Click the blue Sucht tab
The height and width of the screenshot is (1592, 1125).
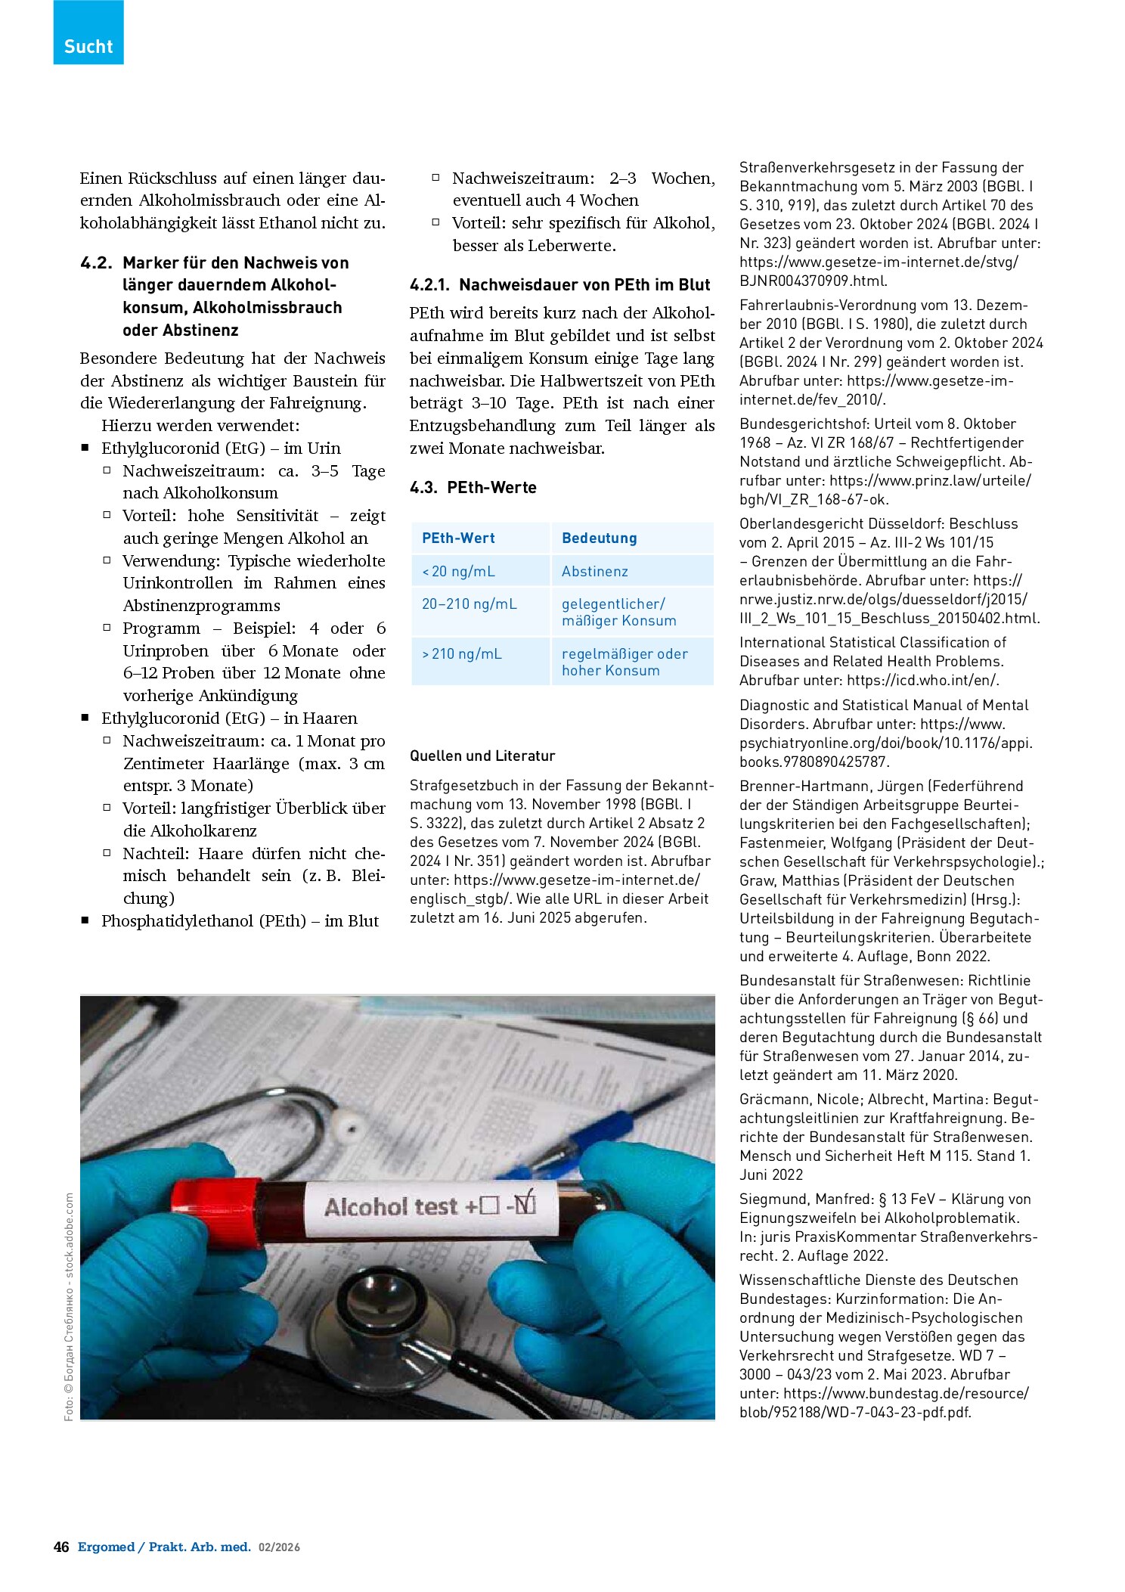[88, 32]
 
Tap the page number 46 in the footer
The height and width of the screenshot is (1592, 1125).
[61, 1547]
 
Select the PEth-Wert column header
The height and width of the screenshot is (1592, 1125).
[458, 538]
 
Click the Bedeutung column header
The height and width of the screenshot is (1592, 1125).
[599, 538]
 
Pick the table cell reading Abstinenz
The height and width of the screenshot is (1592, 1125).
[594, 571]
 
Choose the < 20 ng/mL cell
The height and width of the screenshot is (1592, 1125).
[458, 571]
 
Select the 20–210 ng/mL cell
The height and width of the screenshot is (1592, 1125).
[470, 604]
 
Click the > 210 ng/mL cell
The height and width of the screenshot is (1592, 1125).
[461, 653]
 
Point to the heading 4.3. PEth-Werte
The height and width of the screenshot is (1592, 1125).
[473, 487]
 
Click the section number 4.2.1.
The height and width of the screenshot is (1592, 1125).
[429, 285]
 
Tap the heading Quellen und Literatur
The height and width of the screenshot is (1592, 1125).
[482, 756]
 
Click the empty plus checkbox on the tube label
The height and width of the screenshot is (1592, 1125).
[489, 1205]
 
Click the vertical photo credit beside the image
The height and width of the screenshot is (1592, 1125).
[69, 1306]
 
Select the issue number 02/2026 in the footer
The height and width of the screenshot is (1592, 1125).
[279, 1547]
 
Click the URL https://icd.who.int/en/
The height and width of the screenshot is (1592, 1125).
[922, 680]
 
